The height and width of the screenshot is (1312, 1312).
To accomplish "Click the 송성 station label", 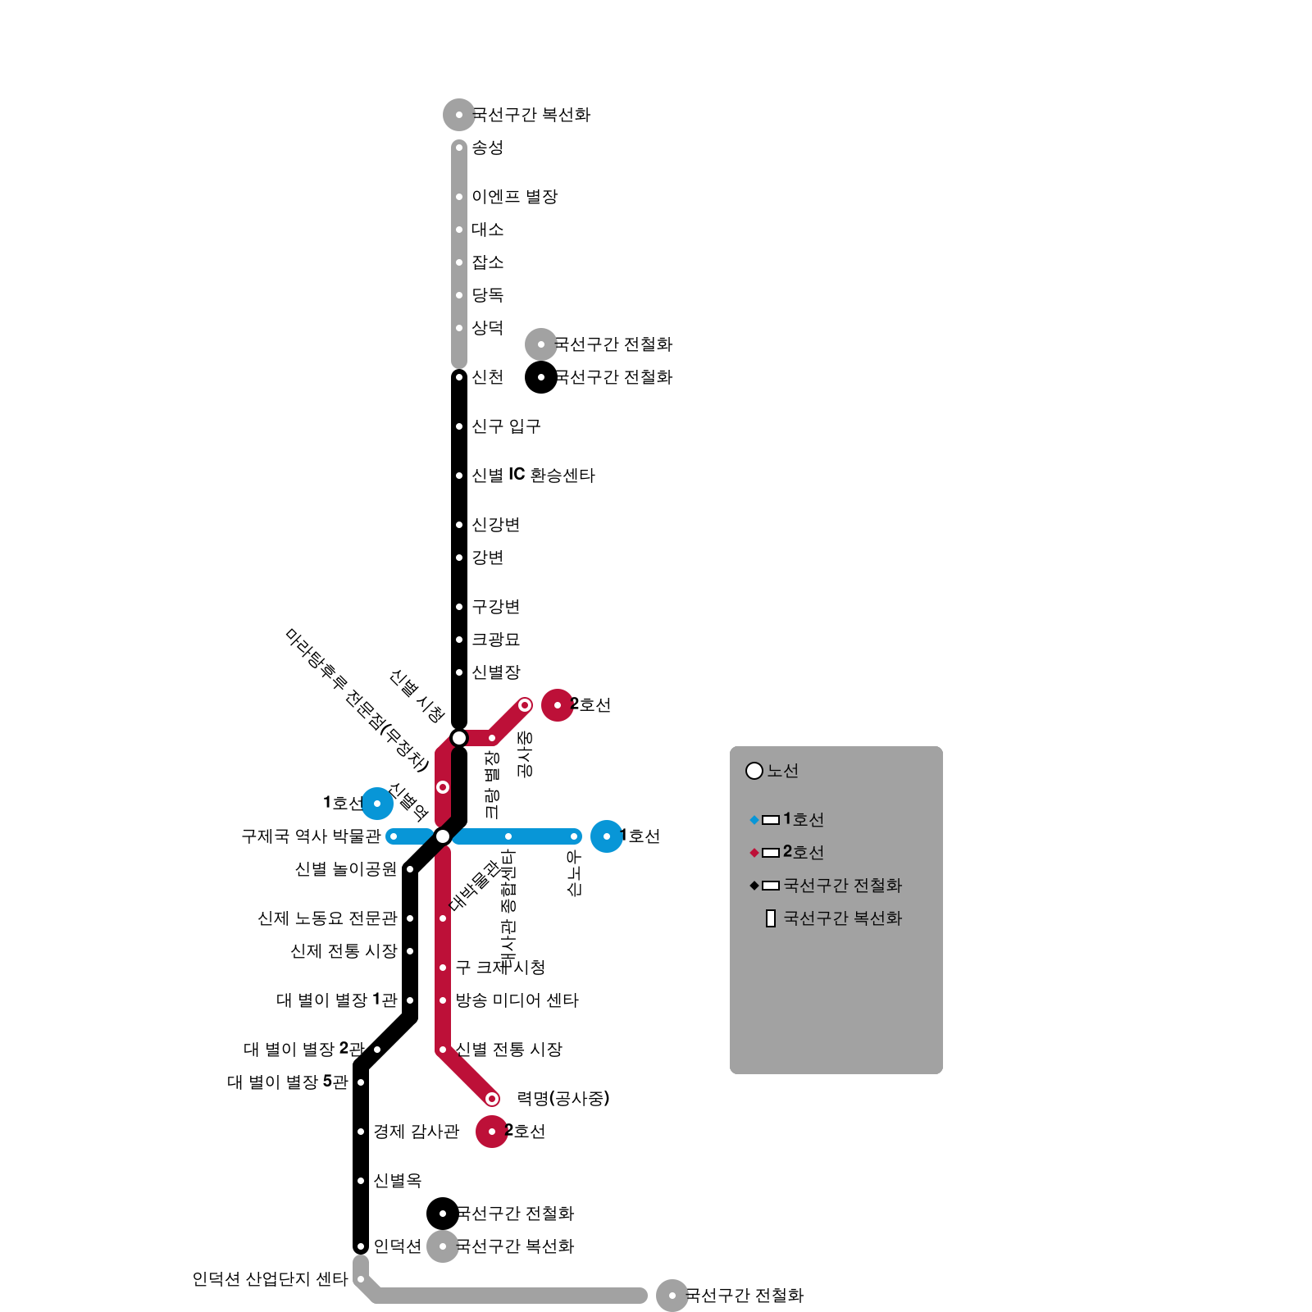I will pyautogui.click(x=487, y=148).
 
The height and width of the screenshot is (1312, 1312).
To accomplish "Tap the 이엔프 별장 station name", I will pyautogui.click(x=514, y=197).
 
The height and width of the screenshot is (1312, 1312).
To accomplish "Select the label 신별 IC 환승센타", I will pyautogui.click(x=533, y=476).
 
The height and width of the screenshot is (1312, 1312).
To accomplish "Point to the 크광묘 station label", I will pyautogui.click(x=495, y=640).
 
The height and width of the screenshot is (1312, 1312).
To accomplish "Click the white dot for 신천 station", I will pyautogui.click(x=459, y=377).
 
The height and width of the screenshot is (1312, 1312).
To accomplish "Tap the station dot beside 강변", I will pyautogui.click(x=459, y=558).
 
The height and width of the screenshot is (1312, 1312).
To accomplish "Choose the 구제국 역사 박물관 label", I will pyautogui.click(x=311, y=836).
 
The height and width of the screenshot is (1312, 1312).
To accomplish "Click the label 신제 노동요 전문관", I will pyautogui.click(x=327, y=918).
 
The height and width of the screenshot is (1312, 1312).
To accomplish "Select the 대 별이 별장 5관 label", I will pyautogui.click(x=288, y=1082).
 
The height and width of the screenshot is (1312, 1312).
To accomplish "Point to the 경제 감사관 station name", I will pyautogui.click(x=417, y=1132).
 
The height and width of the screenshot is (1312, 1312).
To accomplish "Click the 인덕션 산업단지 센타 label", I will pyautogui.click(x=270, y=1279).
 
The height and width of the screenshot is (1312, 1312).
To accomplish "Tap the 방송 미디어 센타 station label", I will pyautogui.click(x=517, y=1000).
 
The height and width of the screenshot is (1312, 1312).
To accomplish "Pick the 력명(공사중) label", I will pyautogui.click(x=563, y=1099).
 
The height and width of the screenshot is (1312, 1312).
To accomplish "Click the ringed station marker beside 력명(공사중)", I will pyautogui.click(x=492, y=1099).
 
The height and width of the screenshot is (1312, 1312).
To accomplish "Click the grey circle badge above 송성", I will pyautogui.click(x=459, y=115).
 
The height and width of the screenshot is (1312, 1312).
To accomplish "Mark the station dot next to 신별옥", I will pyautogui.click(x=361, y=1181).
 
